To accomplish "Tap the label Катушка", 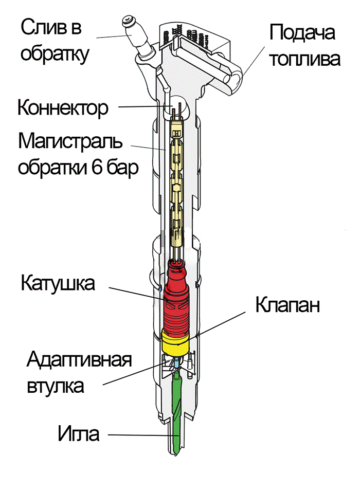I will click(58, 283).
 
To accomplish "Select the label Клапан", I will click(288, 305).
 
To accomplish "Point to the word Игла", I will click(78, 434).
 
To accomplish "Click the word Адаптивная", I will click(79, 359).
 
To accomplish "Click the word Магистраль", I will click(71, 140).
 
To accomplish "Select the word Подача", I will click(302, 34).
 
